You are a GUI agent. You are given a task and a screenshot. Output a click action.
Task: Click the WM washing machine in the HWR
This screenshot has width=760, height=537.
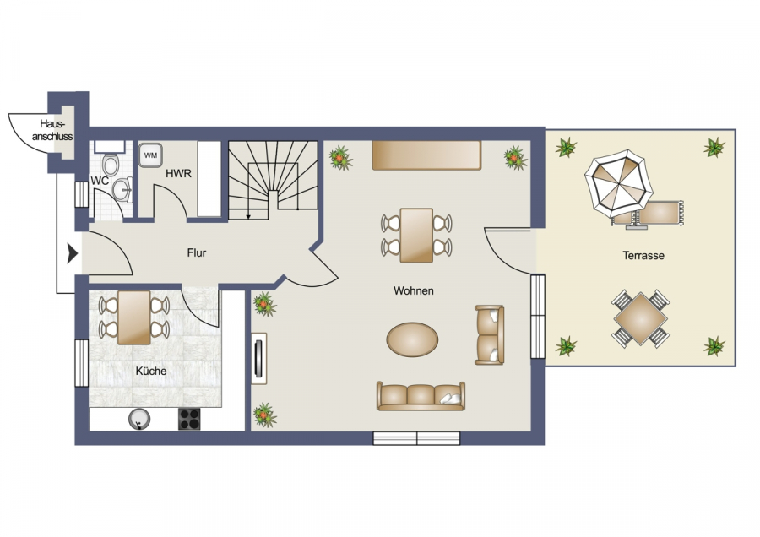tap(150, 155)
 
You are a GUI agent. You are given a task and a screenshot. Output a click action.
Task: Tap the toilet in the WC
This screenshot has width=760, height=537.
tap(111, 165)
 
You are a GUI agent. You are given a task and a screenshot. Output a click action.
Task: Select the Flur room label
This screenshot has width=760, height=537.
tap(197, 252)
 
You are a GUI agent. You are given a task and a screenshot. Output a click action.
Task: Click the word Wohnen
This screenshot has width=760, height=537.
tap(414, 290)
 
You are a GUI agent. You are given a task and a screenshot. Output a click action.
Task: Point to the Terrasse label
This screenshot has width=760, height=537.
tap(643, 256)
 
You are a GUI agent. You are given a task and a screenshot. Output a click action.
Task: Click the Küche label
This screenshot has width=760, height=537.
tap(151, 372)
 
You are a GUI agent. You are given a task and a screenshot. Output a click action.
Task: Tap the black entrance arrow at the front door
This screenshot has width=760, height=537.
tap(73, 253)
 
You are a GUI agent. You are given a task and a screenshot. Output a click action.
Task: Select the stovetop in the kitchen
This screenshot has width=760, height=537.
tap(189, 420)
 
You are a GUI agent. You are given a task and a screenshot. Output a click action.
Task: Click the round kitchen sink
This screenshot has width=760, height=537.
tap(139, 420)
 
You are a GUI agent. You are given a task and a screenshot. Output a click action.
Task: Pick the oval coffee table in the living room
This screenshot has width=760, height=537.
tap(412, 339)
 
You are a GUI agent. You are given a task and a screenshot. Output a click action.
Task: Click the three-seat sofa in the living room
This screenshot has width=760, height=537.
tap(421, 396)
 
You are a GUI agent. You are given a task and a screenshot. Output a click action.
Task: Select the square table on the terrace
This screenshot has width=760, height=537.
tap(640, 319)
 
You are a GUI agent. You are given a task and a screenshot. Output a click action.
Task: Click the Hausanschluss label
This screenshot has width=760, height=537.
tap(52, 130)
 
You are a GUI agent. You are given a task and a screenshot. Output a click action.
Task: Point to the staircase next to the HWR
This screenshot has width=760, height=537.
tap(273, 180)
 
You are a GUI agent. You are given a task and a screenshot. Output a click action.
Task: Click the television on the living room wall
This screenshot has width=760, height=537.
tap(259, 359)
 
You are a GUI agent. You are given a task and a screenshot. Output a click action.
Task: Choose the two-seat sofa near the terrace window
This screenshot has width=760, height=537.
tap(489, 335)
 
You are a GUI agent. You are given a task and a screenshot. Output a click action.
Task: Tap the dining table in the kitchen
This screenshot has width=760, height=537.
tap(133, 317)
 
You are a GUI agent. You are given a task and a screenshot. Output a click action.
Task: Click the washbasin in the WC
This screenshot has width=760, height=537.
tap(122, 189)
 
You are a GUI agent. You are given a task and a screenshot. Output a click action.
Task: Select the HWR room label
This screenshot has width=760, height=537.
tap(178, 173)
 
